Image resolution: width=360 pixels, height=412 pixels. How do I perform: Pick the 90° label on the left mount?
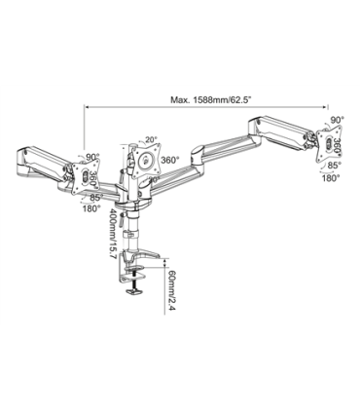tap(92, 157)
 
